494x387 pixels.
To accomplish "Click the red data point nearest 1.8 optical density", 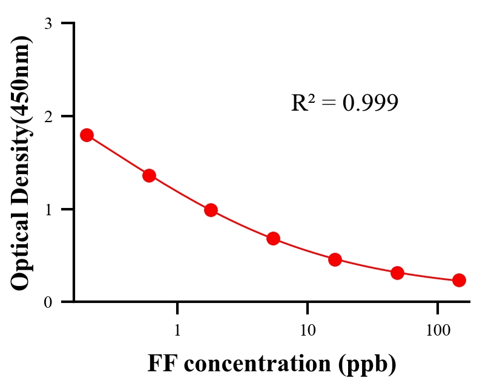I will [x=87, y=135].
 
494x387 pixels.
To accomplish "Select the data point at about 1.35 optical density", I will [x=149, y=175].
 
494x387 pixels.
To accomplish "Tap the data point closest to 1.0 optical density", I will [x=211, y=210].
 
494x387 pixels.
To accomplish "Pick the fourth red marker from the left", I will [x=273, y=238].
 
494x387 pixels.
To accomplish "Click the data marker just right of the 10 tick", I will [x=335, y=259].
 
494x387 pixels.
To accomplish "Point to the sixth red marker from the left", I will [x=397, y=273].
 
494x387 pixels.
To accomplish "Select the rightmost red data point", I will [x=459, y=280].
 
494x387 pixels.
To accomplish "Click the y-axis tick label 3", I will [x=48, y=24].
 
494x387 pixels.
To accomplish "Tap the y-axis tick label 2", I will [x=48, y=116].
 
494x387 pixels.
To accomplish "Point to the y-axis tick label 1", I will [x=48, y=209].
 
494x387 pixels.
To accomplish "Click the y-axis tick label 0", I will [x=48, y=302].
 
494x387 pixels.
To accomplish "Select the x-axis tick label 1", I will [x=177, y=331].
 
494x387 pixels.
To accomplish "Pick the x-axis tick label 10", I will [x=308, y=331].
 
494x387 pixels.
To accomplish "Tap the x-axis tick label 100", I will [x=437, y=331].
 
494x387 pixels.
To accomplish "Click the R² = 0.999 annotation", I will [x=344, y=103].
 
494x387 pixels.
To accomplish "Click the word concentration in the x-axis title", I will [x=255, y=364].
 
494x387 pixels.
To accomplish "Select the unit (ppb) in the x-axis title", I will [x=367, y=364].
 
